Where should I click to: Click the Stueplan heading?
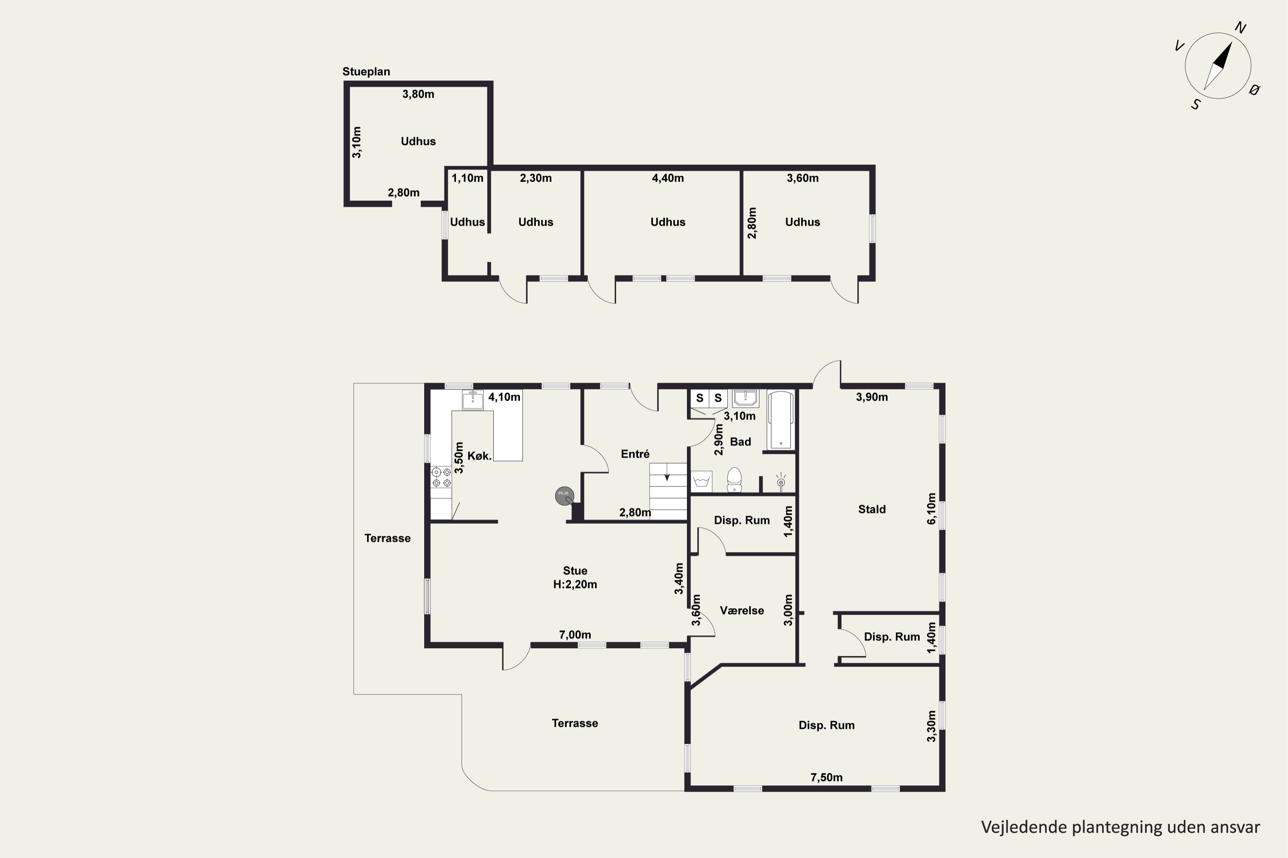coord(366,72)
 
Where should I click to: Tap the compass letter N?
coord(1240,28)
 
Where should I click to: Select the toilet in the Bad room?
coord(734,480)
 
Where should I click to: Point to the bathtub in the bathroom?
coord(781,420)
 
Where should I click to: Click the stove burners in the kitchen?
coord(441,477)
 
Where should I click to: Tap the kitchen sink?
coord(473,400)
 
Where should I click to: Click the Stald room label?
coord(872,510)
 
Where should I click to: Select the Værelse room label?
coord(741,610)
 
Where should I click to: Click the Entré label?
coord(635,454)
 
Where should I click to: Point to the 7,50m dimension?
coord(826,777)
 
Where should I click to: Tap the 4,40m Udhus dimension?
coord(668,178)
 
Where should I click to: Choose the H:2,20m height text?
coord(575,584)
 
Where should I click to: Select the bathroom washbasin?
coord(745,398)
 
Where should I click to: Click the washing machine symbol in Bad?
coord(702,481)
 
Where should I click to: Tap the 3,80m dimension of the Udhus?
coord(418,94)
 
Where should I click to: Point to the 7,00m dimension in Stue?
coord(575,635)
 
